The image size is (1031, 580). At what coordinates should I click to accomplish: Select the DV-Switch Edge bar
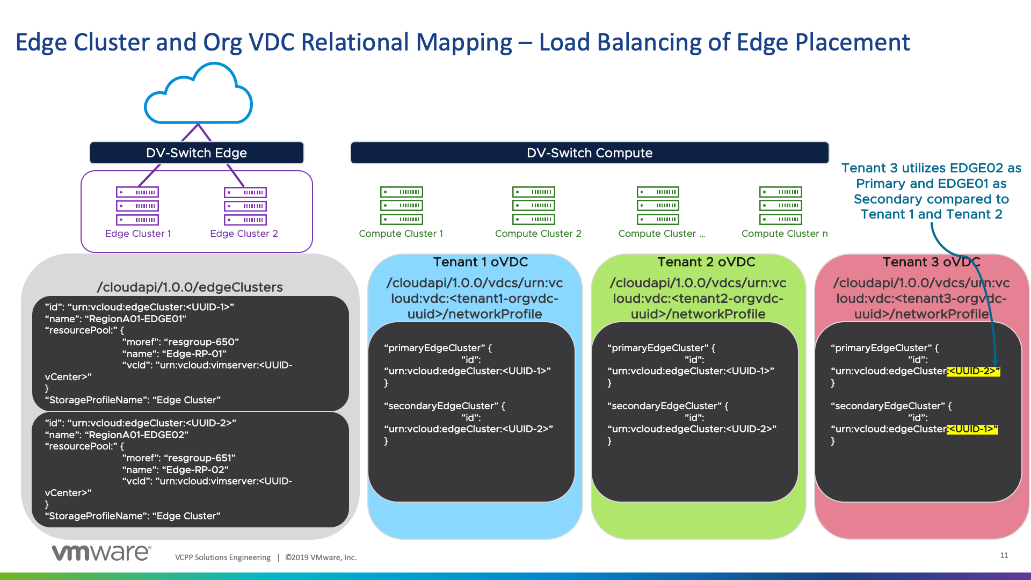coord(197,153)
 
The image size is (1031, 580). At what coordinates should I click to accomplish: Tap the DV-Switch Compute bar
coord(589,153)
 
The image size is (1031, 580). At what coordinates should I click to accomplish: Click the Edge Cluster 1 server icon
coord(137,206)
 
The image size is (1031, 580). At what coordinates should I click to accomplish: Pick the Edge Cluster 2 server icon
coord(245,206)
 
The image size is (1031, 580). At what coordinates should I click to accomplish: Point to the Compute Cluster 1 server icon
coord(401,205)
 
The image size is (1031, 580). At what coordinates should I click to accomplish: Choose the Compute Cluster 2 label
coord(538,234)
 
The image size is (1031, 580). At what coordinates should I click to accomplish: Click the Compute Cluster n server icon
coord(780,205)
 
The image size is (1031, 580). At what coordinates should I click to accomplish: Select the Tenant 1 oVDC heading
coord(481,262)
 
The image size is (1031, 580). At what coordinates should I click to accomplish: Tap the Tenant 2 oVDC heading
coord(706,262)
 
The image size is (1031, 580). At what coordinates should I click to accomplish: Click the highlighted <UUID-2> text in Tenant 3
coord(974,371)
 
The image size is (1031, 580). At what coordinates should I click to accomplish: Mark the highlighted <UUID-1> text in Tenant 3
coord(972,429)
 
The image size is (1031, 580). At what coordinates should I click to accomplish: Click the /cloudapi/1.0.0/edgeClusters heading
coord(190,287)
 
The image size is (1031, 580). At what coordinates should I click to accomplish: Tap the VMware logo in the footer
coord(101,553)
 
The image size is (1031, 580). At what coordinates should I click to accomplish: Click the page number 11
coord(1004,555)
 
